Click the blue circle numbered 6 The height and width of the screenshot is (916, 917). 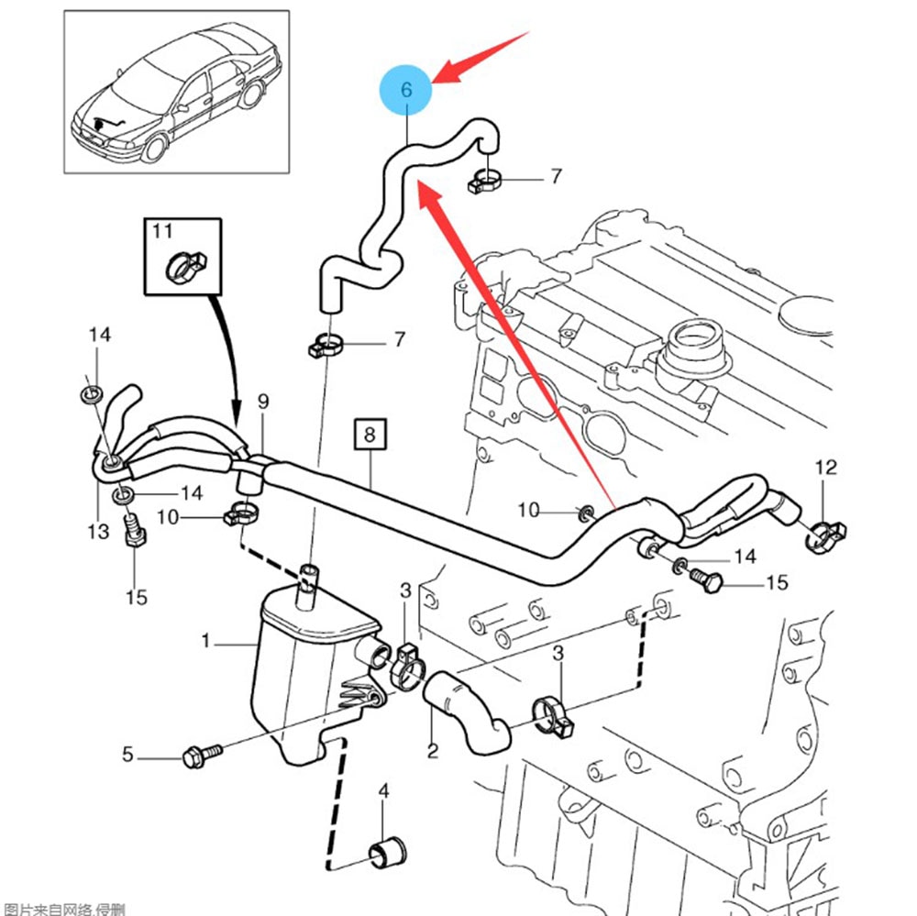point(407,90)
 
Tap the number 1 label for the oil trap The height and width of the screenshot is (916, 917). point(207,642)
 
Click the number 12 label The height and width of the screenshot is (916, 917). point(826,468)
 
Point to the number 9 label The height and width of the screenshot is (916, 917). point(262,402)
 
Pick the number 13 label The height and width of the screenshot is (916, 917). point(98,532)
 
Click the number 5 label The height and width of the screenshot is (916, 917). point(127,756)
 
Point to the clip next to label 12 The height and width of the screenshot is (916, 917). point(827,530)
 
